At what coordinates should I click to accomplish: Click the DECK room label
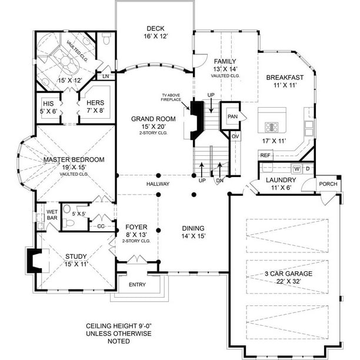click(x=155, y=28)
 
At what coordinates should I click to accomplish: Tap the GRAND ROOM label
click(x=154, y=119)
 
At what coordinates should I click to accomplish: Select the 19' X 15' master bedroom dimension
click(x=74, y=167)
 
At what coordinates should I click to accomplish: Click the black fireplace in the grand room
click(x=196, y=120)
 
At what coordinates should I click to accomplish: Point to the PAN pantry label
click(x=232, y=116)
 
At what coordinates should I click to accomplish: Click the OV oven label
click(x=235, y=136)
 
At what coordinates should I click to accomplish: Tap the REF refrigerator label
click(x=265, y=155)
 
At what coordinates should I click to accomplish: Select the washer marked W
click(x=296, y=169)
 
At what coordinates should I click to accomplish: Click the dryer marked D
click(x=308, y=169)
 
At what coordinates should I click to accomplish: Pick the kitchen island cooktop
click(x=271, y=127)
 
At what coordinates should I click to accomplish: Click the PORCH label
click(x=328, y=184)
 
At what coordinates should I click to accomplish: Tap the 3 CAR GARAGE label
click(x=288, y=274)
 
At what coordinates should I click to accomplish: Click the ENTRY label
click(x=137, y=285)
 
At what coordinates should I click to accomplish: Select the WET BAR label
click(x=52, y=215)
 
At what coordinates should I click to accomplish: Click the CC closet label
click(x=101, y=226)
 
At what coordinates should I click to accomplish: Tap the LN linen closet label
click(x=106, y=76)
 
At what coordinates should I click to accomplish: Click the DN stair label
click(x=220, y=181)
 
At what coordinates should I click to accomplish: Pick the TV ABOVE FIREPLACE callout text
click(x=171, y=97)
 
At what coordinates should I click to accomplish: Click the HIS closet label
click(x=48, y=104)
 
